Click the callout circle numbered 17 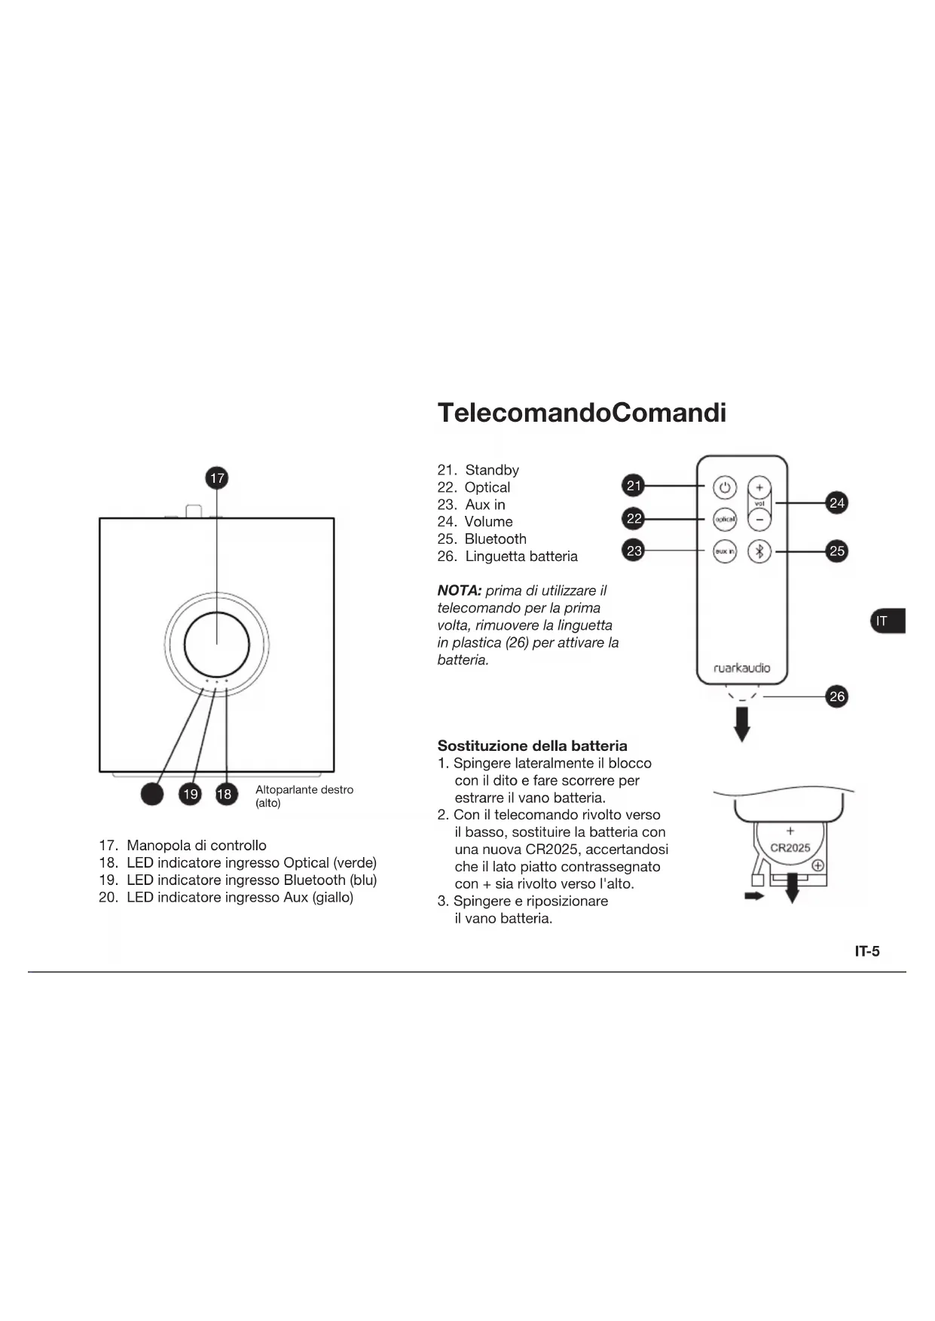tap(217, 478)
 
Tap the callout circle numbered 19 tap(191, 794)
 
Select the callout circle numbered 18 tap(225, 794)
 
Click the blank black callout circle tap(152, 794)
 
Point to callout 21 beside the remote tap(634, 486)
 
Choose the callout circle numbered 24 tap(837, 502)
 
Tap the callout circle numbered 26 tap(837, 696)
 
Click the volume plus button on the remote tap(759, 487)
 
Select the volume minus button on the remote tap(759, 519)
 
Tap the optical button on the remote tap(725, 519)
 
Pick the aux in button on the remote tap(725, 551)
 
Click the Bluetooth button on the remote tap(759, 551)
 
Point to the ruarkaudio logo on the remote tap(742, 668)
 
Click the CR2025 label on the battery tap(790, 847)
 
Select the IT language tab tap(887, 621)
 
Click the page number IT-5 tap(867, 951)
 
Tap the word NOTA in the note tap(459, 590)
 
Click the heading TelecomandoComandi tap(582, 413)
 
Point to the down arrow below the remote tap(742, 725)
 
